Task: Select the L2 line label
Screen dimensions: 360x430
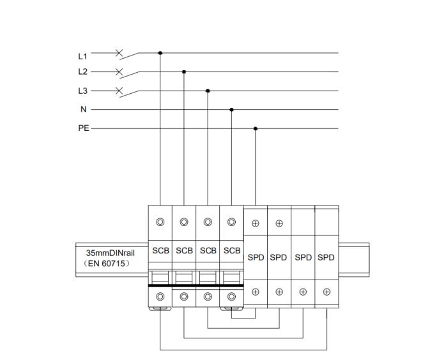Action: tap(82, 72)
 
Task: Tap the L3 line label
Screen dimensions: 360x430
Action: tap(82, 91)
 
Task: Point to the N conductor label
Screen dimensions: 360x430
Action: tap(83, 109)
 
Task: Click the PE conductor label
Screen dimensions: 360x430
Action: tap(84, 128)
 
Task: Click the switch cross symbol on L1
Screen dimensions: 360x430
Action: tap(119, 53)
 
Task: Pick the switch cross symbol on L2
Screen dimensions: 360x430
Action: tap(119, 71)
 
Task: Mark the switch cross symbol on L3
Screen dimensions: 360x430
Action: tap(119, 91)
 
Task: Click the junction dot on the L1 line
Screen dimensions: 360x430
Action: tap(160, 53)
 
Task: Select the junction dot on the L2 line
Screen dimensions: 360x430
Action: tap(184, 72)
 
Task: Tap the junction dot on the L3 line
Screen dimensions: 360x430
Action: tap(208, 91)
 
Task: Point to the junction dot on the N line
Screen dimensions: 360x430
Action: tap(231, 110)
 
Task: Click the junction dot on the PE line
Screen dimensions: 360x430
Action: tap(256, 128)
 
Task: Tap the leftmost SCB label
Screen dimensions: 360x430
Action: tap(160, 251)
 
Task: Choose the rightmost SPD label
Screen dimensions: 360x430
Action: tap(326, 257)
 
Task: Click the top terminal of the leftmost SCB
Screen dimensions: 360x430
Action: tap(160, 222)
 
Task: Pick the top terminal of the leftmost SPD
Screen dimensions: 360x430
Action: tap(256, 223)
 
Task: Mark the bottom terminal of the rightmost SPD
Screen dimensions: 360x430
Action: tap(326, 292)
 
